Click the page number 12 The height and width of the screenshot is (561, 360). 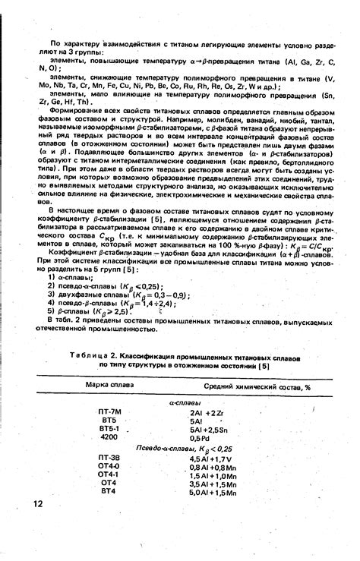38,503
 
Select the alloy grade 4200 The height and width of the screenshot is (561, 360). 109,438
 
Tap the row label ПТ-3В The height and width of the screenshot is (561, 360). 109,458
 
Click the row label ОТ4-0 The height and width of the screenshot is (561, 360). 109,466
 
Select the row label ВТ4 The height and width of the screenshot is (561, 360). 108,492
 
